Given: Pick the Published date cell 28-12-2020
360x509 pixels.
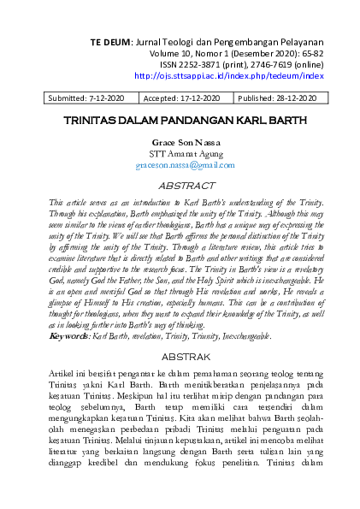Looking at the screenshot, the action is [x=286, y=98].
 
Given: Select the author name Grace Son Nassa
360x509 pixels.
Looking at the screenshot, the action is [x=180, y=143].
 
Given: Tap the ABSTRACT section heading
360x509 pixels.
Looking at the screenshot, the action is [x=180, y=185].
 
